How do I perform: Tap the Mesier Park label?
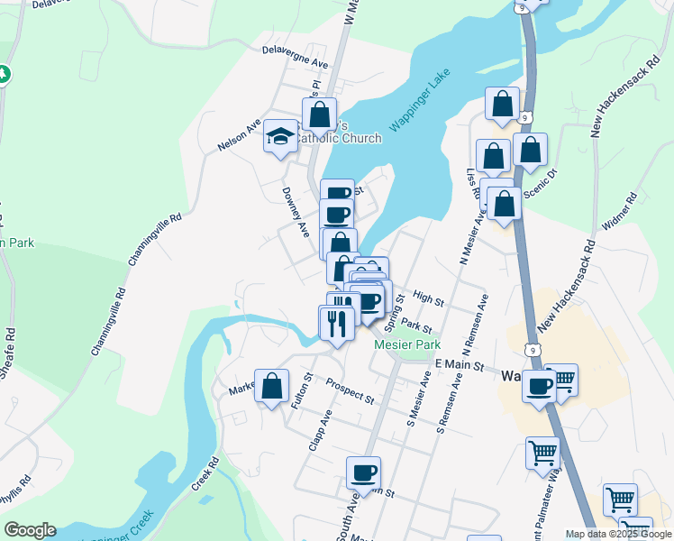pyautogui.click(x=407, y=344)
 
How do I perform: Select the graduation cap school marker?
pyautogui.click(x=280, y=138)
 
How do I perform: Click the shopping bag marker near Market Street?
pyautogui.click(x=271, y=386)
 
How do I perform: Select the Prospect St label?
pyautogui.click(x=350, y=390)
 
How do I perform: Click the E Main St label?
pyautogui.click(x=459, y=365)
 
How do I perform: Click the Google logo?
pyautogui.click(x=30, y=530)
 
